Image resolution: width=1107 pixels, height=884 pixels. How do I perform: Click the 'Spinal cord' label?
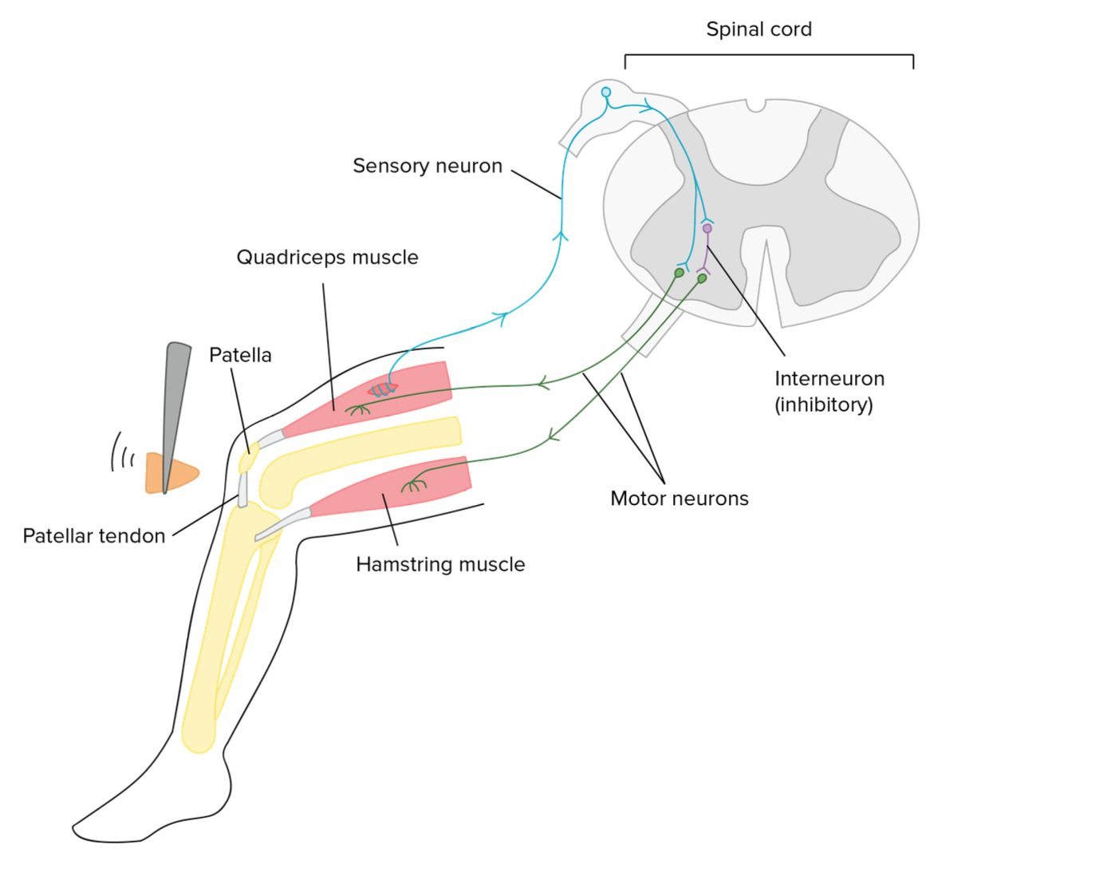click(x=758, y=30)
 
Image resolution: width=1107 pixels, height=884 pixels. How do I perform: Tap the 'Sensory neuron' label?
click(x=427, y=166)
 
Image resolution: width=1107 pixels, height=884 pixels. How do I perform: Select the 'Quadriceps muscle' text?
click(x=327, y=258)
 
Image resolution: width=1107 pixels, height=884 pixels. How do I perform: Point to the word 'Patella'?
click(x=240, y=355)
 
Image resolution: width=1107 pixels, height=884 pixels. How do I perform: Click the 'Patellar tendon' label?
click(x=94, y=536)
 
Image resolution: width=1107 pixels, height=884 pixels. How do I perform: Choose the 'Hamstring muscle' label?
click(x=440, y=565)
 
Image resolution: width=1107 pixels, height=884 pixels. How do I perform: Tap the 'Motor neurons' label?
click(x=680, y=499)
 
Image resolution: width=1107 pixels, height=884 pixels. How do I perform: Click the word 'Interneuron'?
click(x=829, y=379)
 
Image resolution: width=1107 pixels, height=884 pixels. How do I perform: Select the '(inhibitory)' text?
click(x=824, y=405)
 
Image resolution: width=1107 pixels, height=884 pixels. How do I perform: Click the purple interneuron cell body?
click(x=707, y=229)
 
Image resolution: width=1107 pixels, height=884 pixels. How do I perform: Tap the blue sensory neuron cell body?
click(x=606, y=93)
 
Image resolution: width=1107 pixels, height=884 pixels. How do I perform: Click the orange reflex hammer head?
click(x=171, y=474)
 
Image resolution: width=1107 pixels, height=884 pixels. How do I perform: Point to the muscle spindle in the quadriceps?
click(x=383, y=389)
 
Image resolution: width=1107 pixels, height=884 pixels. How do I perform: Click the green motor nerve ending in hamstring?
click(x=412, y=484)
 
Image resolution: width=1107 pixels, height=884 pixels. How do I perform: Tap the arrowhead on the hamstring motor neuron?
click(x=552, y=436)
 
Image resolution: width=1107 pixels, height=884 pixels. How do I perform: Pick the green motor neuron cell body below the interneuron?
click(x=702, y=278)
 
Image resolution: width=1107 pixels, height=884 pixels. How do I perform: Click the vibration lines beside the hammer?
click(x=122, y=453)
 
